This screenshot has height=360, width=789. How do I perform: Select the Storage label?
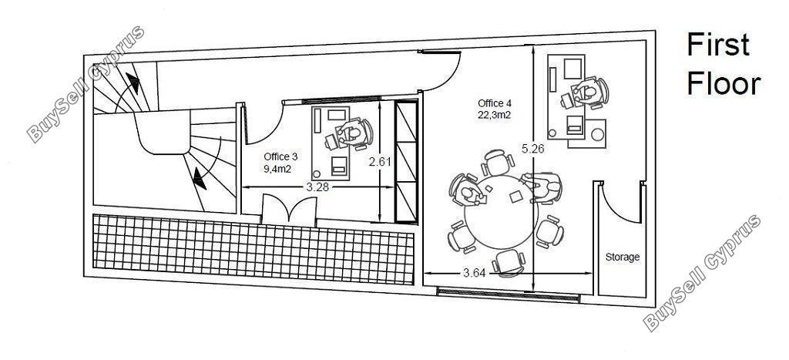(x=623, y=257)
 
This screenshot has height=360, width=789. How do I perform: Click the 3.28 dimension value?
(x=317, y=187)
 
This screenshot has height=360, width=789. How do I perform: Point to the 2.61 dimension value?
(x=381, y=162)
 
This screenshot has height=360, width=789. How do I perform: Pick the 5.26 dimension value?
(x=533, y=149)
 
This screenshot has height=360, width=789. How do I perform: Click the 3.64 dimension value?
(x=474, y=274)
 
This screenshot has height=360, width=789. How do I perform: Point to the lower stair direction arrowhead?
(x=200, y=179)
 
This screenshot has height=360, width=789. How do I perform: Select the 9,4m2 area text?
(x=277, y=169)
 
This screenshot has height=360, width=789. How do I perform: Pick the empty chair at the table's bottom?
(x=509, y=263)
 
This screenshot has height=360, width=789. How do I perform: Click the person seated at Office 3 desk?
(x=354, y=133)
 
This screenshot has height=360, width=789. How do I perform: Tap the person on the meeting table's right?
(x=542, y=187)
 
